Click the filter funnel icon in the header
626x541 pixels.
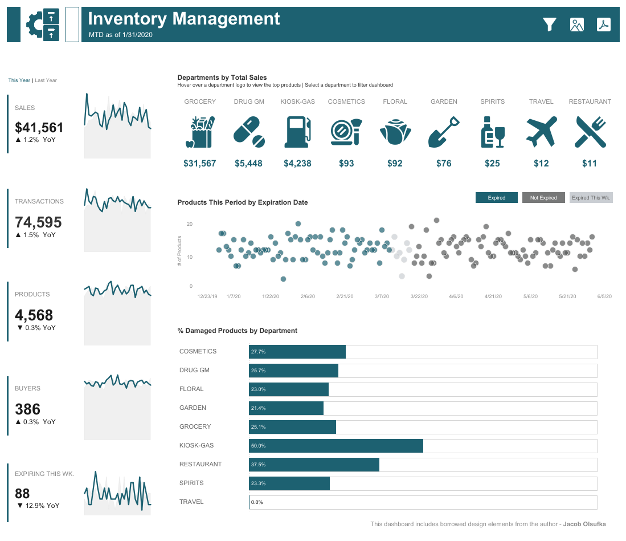click(549, 25)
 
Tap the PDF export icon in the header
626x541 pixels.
click(603, 25)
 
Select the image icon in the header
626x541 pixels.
click(576, 25)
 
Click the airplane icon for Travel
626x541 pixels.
click(541, 132)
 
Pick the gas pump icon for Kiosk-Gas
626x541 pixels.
click(298, 132)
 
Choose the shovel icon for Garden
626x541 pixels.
click(444, 132)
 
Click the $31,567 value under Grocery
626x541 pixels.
click(200, 164)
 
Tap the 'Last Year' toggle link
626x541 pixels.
click(46, 80)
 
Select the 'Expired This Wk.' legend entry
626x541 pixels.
click(591, 198)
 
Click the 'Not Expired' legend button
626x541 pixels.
click(543, 198)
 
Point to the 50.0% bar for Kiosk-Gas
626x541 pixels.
click(336, 446)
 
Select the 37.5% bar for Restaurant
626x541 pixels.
click(314, 465)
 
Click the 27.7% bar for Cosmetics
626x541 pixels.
click(297, 352)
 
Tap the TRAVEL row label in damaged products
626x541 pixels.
click(191, 502)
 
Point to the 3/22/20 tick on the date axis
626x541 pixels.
click(419, 296)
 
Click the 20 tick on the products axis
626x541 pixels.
click(190, 224)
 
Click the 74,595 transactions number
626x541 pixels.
click(38, 222)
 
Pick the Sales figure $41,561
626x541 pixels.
click(39, 128)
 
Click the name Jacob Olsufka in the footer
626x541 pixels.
click(584, 524)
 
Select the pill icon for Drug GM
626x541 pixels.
click(249, 132)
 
